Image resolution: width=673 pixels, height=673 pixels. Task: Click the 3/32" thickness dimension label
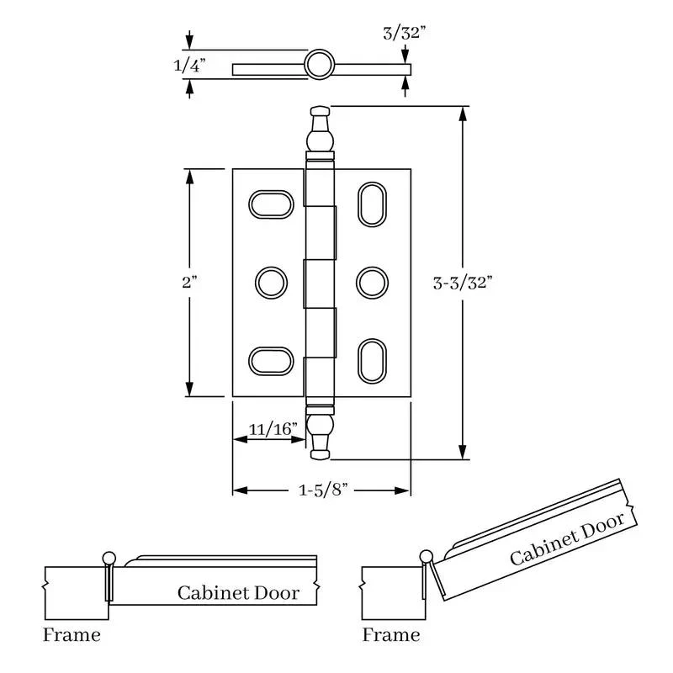point(405,33)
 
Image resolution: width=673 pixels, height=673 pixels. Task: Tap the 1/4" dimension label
point(189,66)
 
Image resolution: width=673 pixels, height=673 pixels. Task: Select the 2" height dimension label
point(189,282)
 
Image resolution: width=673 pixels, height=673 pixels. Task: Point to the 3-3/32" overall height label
point(462,283)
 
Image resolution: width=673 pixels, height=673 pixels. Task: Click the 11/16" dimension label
point(273,429)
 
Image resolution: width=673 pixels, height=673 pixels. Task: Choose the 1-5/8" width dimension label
point(323,490)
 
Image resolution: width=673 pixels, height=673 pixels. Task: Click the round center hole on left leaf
point(271,283)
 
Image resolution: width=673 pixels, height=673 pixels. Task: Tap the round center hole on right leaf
point(372,283)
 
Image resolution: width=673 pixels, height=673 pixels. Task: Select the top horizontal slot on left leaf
point(271,204)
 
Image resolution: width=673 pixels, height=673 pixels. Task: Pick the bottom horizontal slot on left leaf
point(271,361)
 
